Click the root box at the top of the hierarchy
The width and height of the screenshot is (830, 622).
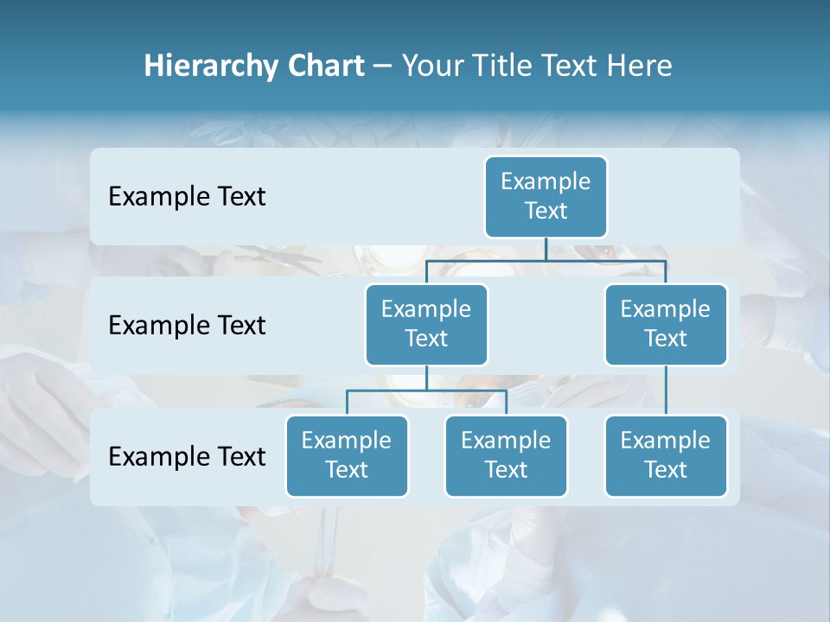click(546, 196)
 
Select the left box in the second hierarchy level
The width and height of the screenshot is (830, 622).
click(426, 324)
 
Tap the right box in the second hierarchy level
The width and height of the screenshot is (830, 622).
click(666, 324)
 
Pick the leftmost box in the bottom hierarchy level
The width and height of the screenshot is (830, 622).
click(347, 455)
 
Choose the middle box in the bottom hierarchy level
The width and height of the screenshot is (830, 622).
click(506, 455)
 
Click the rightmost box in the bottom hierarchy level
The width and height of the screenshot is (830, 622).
click(666, 455)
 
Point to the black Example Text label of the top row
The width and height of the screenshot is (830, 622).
click(187, 197)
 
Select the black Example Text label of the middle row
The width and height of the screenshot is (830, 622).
click(187, 326)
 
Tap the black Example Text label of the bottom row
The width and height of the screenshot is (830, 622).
click(187, 456)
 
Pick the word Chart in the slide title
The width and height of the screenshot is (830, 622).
click(327, 66)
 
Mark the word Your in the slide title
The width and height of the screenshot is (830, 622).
click(430, 66)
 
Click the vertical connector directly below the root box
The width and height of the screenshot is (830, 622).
click(546, 249)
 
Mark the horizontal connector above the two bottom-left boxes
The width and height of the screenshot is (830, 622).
click(426, 390)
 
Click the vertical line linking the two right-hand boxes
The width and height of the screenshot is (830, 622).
click(666, 390)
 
